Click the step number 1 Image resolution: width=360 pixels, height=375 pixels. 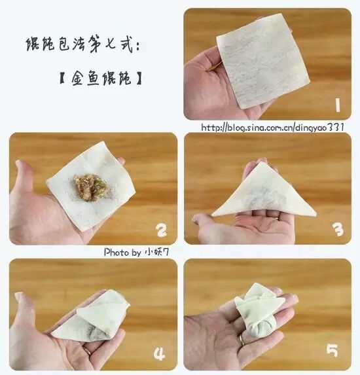[x=338, y=105]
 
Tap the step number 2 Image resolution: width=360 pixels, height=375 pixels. [x=161, y=230]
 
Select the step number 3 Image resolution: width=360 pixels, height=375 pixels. [x=338, y=229]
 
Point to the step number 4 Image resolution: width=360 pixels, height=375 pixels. [x=159, y=354]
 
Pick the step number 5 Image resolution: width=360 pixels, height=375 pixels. [x=333, y=350]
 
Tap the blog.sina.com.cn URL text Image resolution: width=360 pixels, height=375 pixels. [x=272, y=127]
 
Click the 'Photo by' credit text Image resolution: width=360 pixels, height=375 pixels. [x=136, y=252]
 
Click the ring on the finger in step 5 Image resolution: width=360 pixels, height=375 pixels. [x=242, y=340]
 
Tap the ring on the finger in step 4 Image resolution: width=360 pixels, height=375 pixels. [x=87, y=351]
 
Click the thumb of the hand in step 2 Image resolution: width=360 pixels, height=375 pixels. [x=23, y=177]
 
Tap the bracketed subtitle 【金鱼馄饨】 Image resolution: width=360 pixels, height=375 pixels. [x=100, y=78]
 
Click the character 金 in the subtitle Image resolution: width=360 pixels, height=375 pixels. [x=79, y=78]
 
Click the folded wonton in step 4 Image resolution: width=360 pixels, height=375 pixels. [x=91, y=315]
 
